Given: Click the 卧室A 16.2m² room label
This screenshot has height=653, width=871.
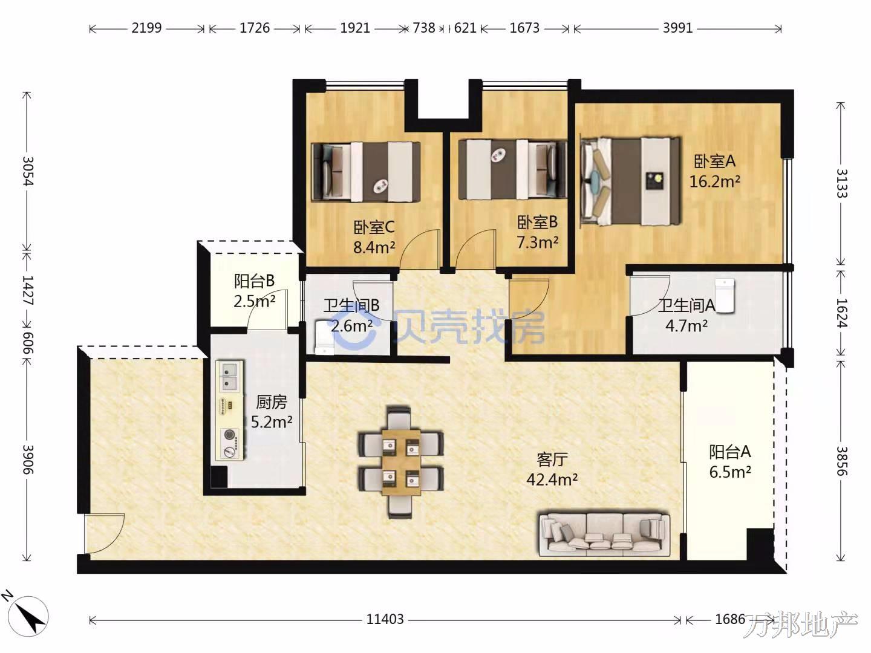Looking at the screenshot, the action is (715, 171).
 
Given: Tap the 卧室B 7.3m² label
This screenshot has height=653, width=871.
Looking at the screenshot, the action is (537, 232).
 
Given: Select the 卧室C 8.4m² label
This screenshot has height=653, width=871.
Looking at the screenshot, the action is (374, 237).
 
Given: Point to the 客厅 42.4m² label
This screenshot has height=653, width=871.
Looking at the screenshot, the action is (552, 470).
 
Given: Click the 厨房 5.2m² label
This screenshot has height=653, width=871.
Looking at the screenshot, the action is (272, 412).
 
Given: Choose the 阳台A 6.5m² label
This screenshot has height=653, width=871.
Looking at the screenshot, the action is (730, 462).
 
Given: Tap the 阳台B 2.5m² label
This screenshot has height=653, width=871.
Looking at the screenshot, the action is (255, 291).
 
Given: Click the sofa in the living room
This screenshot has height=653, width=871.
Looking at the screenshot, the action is (604, 532).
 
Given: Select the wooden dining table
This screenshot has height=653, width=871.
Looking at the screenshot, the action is (401, 461).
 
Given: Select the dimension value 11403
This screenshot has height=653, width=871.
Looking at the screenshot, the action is (385, 619).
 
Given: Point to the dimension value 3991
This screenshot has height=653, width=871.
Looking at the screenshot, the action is (678, 28).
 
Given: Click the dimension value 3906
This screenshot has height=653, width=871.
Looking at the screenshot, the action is (28, 460).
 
